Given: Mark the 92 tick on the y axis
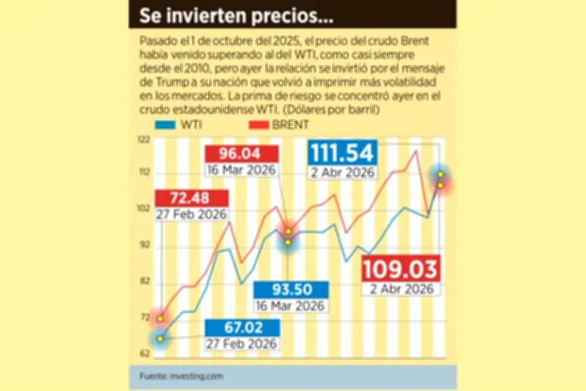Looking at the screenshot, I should [x=144, y=245].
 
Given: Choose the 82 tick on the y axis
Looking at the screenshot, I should [x=144, y=281].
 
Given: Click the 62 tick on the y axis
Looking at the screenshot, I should [x=144, y=353].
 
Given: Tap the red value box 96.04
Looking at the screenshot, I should [x=241, y=154].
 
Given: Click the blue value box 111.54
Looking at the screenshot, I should [x=342, y=153].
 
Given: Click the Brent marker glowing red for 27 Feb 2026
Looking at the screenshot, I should [x=160, y=316].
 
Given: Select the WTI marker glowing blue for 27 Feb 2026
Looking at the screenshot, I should [x=160, y=338].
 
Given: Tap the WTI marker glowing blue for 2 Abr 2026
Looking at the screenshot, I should [x=440, y=174].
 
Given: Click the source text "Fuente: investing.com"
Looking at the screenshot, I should [x=180, y=376].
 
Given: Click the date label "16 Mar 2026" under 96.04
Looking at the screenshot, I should [x=241, y=169].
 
